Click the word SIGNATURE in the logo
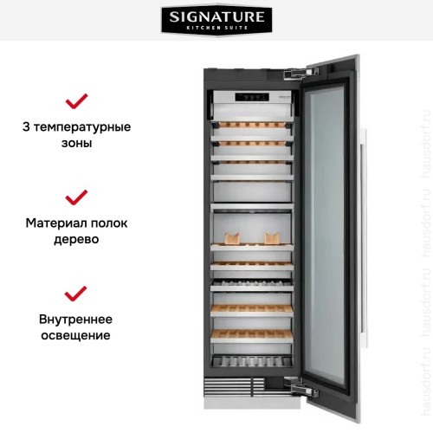pyautogui.click(x=216, y=16)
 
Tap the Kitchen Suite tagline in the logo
pyautogui.click(x=216, y=29)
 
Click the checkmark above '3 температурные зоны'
pyautogui.click(x=77, y=101)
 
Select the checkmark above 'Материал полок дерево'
pyautogui.click(x=77, y=197)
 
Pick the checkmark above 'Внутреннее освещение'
pyautogui.click(x=77, y=292)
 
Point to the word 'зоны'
pyautogui.click(x=77, y=144)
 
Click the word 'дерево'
pyautogui.click(x=77, y=239)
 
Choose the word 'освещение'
pyautogui.click(x=77, y=334)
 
